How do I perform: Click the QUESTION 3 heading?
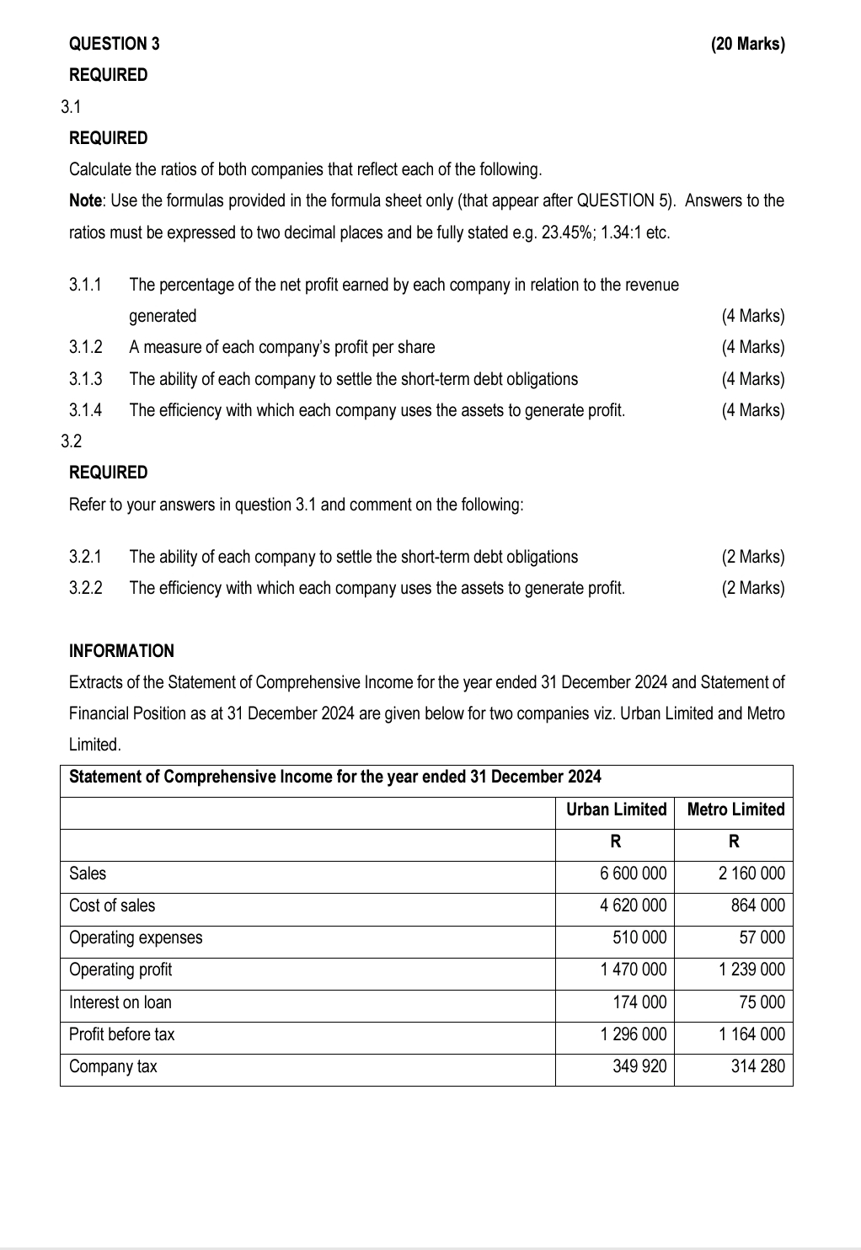(114, 44)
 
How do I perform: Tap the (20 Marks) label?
(747, 44)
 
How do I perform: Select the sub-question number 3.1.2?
(86, 347)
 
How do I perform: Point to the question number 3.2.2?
(86, 588)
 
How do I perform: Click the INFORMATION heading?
(121, 651)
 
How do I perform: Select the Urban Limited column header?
(616, 809)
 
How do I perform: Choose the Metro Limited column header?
(735, 809)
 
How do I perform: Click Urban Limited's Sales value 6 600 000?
(633, 873)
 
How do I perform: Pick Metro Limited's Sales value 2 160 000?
(751, 873)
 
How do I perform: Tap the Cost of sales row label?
(112, 905)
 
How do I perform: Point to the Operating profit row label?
(120, 970)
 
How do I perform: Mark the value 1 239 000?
(751, 970)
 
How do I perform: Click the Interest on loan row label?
(120, 1002)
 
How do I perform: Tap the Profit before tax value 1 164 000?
(751, 1034)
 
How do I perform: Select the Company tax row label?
(113, 1066)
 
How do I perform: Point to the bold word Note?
(86, 200)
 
